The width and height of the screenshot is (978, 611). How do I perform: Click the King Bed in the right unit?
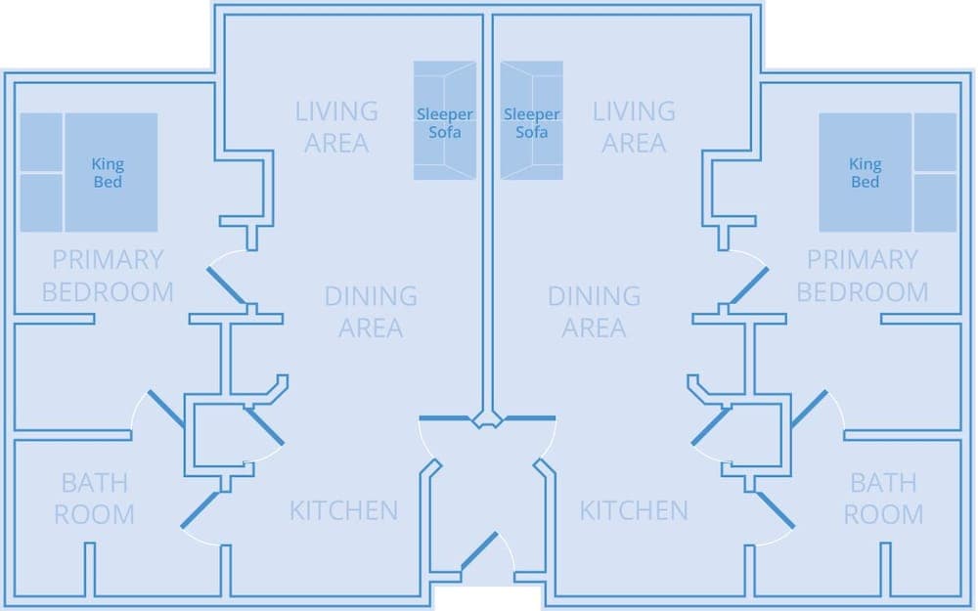pyautogui.click(x=865, y=172)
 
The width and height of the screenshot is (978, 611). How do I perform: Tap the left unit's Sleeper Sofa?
pyautogui.click(x=444, y=121)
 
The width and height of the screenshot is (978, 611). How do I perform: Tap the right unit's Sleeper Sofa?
pyautogui.click(x=531, y=121)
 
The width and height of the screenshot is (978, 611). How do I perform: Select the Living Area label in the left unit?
pyautogui.click(x=336, y=127)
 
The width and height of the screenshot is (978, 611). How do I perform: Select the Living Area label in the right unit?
pyautogui.click(x=634, y=127)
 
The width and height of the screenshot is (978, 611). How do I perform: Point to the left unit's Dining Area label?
pyautogui.click(x=371, y=311)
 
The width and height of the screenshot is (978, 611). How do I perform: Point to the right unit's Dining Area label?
pyautogui.click(x=595, y=311)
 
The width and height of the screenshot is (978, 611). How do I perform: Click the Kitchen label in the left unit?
pyautogui.click(x=343, y=510)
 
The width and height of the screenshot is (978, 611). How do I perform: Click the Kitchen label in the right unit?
pyautogui.click(x=634, y=510)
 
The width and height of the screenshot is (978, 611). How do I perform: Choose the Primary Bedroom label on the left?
pyautogui.click(x=108, y=276)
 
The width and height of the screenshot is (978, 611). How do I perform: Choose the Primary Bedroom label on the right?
pyautogui.click(x=863, y=276)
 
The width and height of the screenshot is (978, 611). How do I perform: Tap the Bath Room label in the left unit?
pyautogui.click(x=94, y=499)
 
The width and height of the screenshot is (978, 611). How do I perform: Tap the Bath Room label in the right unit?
pyautogui.click(x=883, y=499)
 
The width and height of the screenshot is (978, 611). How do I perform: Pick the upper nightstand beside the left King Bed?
pyautogui.click(x=41, y=143)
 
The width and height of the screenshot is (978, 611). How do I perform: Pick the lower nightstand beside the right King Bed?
pyautogui.click(x=934, y=202)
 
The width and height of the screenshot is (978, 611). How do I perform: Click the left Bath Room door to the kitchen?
pyautogui.click(x=200, y=509)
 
